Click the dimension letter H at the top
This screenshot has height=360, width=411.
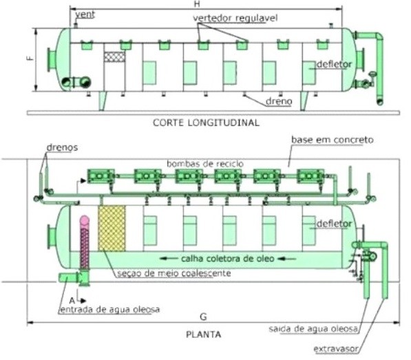point(197,4)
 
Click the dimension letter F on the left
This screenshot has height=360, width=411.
point(31,57)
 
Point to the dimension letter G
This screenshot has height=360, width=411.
point(203,317)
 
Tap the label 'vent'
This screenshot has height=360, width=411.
point(85,14)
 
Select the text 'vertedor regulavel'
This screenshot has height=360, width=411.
point(235,18)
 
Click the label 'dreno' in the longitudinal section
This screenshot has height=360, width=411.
point(279,101)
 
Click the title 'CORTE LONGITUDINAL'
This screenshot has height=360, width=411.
point(206,123)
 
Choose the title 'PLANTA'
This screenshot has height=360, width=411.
point(203,335)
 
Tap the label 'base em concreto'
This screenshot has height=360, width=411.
point(333,140)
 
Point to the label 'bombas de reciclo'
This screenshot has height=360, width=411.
point(205,164)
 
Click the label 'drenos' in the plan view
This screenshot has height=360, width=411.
point(62,147)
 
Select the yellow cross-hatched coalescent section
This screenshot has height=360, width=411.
point(112,229)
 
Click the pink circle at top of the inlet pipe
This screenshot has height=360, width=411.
point(85,220)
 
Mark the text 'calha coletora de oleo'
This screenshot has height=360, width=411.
point(228,259)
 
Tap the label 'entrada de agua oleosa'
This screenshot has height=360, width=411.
point(110,310)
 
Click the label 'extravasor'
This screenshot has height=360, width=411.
point(336,349)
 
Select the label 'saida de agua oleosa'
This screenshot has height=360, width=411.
point(313,328)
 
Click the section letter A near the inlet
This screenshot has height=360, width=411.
point(72,300)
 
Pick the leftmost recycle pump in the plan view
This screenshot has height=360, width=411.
point(101,176)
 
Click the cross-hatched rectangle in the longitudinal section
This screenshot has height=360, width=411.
point(114,56)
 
